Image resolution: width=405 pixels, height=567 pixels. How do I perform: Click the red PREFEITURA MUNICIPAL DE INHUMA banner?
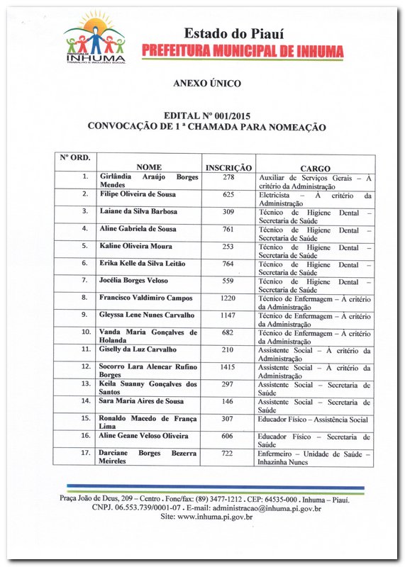(x=243, y=51)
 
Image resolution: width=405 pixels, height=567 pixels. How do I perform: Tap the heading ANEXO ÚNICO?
(x=207, y=84)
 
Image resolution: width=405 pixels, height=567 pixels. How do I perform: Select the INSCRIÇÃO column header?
(x=228, y=168)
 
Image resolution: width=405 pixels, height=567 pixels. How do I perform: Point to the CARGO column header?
(x=315, y=168)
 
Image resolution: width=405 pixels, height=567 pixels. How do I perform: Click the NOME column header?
(x=149, y=168)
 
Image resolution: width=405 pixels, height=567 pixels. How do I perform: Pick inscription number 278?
(x=228, y=176)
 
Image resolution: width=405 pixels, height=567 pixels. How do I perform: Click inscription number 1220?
(x=228, y=298)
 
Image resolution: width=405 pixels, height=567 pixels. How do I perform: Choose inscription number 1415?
(x=228, y=367)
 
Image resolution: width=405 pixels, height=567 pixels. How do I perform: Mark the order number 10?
(x=85, y=332)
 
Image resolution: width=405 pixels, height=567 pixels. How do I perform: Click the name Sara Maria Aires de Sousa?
(x=142, y=402)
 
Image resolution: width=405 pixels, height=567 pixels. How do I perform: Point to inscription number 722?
(x=228, y=454)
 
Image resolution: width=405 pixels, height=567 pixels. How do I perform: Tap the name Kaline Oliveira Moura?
(x=136, y=246)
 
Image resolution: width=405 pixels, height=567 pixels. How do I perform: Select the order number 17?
(x=85, y=454)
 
